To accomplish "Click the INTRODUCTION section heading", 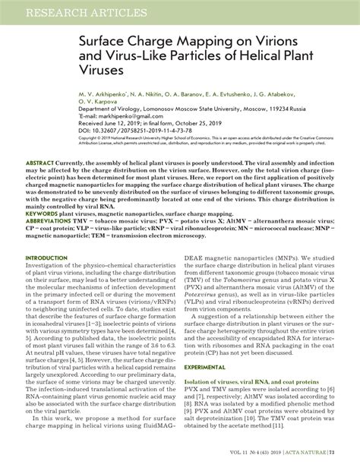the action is [46, 258].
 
